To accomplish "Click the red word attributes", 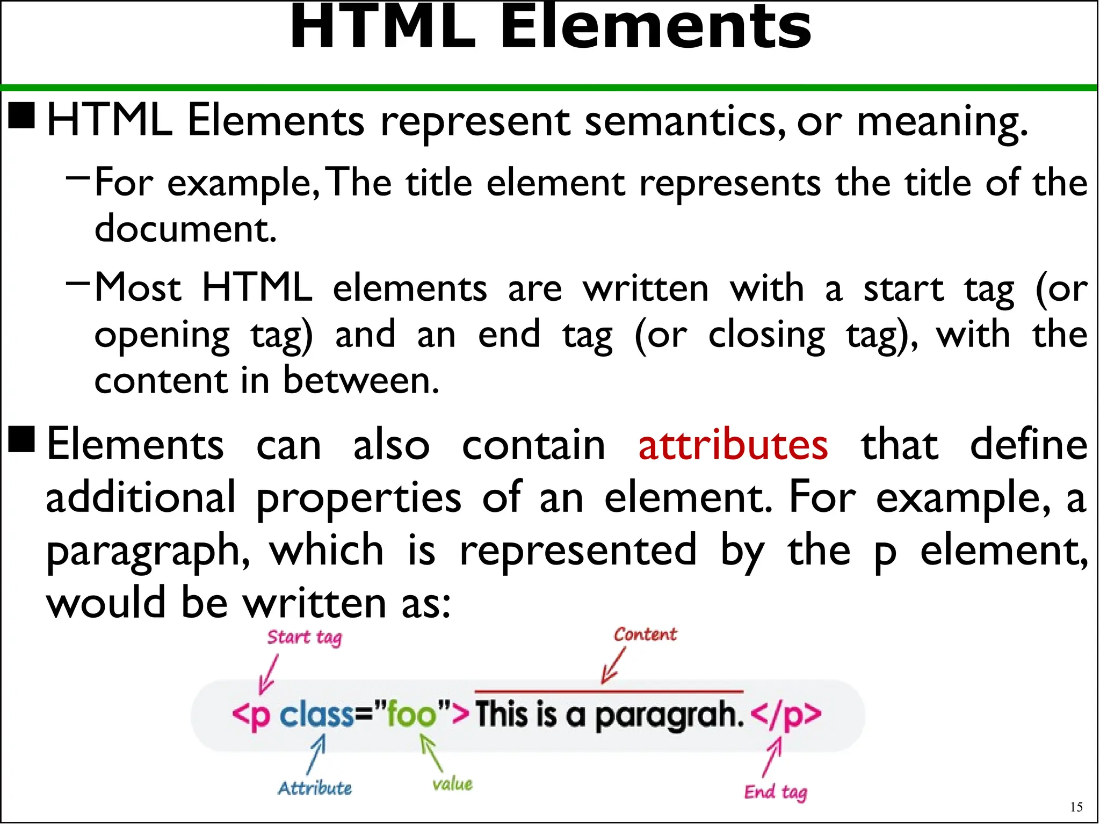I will pyautogui.click(x=733, y=445).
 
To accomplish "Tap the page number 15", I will pyautogui.click(x=1076, y=807).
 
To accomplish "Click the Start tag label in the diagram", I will pyautogui.click(x=304, y=638).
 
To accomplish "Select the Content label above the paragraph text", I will pyautogui.click(x=645, y=634).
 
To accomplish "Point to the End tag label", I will pyautogui.click(x=775, y=792).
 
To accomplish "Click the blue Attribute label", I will pyautogui.click(x=315, y=788).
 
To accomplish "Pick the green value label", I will pyautogui.click(x=452, y=784).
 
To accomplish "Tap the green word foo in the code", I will pyautogui.click(x=411, y=715).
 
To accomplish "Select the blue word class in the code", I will pyautogui.click(x=317, y=715).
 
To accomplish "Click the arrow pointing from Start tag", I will pyautogui.click(x=269, y=674).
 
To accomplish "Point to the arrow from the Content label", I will pyautogui.click(x=613, y=666).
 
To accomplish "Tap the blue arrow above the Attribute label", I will pyautogui.click(x=316, y=754).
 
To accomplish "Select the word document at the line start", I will pyautogui.click(x=185, y=228).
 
